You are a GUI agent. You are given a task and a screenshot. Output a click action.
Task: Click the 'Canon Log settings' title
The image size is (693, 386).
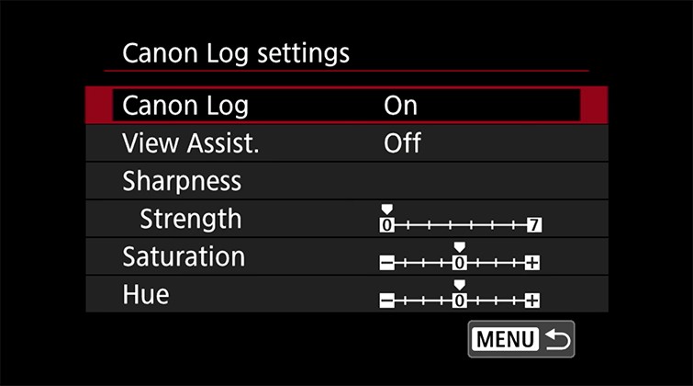(236, 52)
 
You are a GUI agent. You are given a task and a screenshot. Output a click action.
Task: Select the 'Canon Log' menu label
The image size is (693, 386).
(185, 106)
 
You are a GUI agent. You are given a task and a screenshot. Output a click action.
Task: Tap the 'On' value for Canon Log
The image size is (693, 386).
(400, 106)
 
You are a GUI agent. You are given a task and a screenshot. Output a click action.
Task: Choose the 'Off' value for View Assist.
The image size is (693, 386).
(402, 143)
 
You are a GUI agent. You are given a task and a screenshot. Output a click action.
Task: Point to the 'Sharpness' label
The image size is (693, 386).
(182, 181)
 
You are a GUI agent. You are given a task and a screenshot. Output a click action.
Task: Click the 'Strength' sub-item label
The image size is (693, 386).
(190, 219)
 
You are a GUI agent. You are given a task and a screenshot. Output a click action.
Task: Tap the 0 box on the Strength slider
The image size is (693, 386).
(386, 224)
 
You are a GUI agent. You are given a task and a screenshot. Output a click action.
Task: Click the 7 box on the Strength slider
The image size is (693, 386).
(533, 224)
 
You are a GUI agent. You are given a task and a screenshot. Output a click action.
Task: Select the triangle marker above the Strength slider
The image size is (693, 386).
(386, 210)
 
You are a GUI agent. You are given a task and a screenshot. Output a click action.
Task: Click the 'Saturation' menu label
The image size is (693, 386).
(184, 256)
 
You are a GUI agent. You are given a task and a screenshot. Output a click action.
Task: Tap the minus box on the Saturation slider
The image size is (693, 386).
(386, 263)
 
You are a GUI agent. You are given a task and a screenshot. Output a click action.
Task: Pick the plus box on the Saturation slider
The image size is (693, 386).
(533, 263)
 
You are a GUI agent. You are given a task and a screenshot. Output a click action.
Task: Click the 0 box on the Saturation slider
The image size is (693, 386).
(460, 263)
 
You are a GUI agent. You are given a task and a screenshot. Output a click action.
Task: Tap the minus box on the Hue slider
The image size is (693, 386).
(386, 300)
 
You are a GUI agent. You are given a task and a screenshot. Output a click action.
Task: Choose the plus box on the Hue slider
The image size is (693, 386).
(533, 300)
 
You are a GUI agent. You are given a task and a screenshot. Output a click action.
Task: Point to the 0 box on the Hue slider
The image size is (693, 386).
(460, 300)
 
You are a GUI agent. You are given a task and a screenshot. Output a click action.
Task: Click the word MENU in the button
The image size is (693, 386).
(504, 339)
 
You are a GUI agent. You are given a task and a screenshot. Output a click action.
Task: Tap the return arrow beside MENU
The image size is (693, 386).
(556, 339)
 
